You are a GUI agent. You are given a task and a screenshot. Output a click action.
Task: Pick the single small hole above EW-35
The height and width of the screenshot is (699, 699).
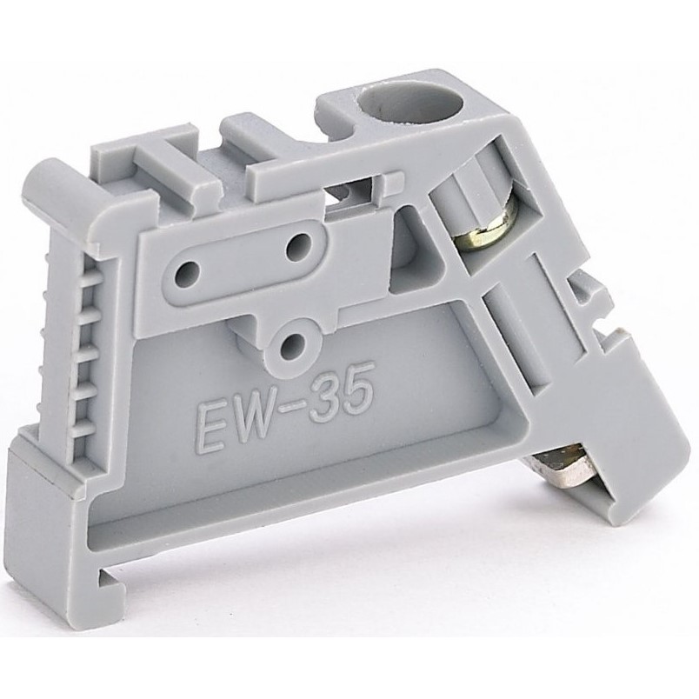(x=292, y=344)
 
